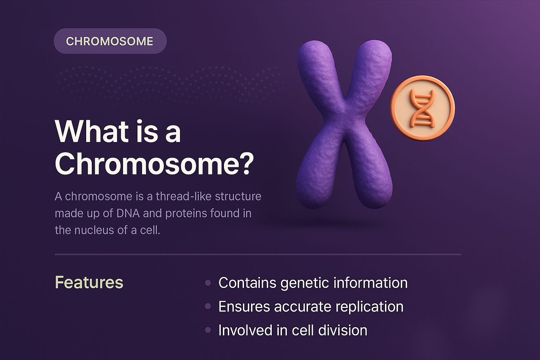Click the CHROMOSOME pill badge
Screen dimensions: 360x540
110,41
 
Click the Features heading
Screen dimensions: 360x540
89,282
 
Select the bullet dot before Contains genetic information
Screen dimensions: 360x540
208,283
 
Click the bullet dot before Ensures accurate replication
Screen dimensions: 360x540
208,307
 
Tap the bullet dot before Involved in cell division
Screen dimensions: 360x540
208,330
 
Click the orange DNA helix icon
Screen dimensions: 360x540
422,108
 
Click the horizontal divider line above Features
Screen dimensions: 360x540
258,254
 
